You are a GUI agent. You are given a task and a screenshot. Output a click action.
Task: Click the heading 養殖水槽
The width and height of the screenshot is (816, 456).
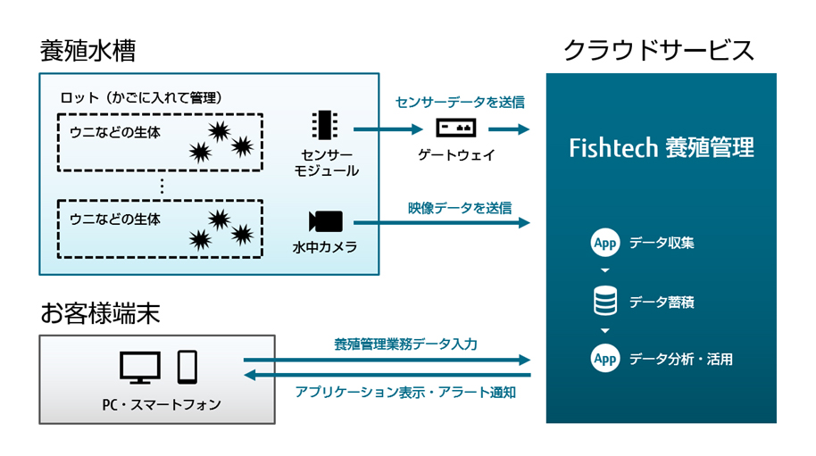87,52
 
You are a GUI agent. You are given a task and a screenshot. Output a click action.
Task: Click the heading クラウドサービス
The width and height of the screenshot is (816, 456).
659,52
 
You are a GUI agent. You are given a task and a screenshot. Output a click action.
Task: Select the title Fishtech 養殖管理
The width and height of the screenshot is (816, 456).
661,147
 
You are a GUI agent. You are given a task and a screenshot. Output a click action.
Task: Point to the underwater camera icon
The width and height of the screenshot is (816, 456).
325,221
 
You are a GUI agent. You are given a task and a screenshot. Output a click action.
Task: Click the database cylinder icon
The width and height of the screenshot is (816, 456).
605,301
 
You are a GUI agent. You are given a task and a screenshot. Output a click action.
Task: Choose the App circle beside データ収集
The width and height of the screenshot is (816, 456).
605,243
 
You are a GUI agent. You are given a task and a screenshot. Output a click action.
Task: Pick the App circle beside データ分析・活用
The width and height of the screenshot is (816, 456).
605,359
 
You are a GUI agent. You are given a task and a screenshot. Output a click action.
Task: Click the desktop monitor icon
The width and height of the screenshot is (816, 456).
140,366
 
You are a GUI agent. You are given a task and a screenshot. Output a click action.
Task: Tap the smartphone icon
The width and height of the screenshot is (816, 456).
187,366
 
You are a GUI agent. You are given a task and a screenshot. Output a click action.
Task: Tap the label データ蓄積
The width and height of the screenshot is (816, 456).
662,302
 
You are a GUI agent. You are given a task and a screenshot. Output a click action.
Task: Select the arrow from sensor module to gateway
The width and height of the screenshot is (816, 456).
387,129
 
